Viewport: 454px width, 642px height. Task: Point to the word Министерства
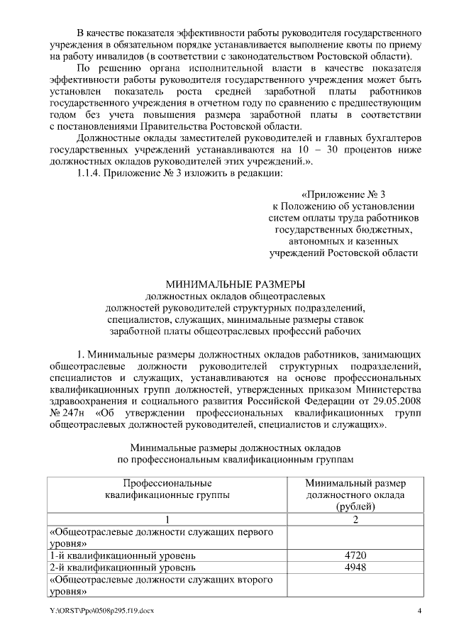pos(389,389)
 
